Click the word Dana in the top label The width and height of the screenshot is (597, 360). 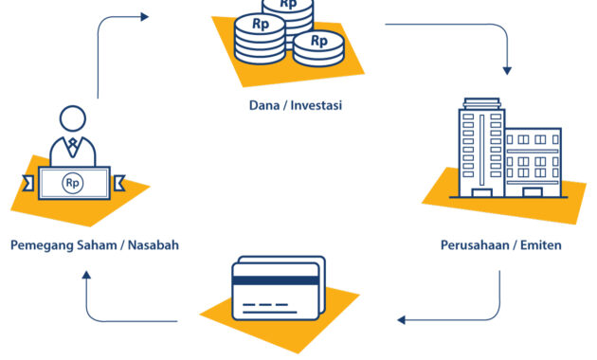click(262, 104)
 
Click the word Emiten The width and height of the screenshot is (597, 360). click(539, 245)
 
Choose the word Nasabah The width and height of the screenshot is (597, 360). click(152, 245)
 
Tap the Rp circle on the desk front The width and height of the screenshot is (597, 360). click(73, 182)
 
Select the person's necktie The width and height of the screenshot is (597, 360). click(73, 148)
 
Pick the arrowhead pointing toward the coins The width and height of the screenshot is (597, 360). click(143, 16)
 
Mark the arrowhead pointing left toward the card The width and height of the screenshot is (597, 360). click(402, 319)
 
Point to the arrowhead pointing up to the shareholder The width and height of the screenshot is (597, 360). click(86, 276)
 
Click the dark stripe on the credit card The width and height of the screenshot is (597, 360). click(275, 280)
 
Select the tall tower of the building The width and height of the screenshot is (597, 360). click(480, 147)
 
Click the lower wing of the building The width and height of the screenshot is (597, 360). click(532, 161)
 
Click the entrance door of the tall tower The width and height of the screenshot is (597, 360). click(480, 190)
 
